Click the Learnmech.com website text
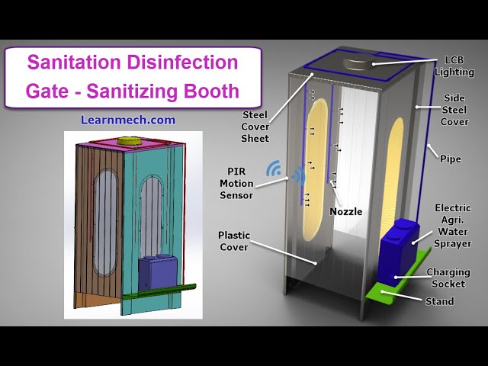(x=128, y=120)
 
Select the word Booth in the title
(x=211, y=91)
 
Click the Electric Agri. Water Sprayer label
(x=453, y=226)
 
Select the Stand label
(x=440, y=301)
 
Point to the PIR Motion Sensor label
(x=236, y=183)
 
